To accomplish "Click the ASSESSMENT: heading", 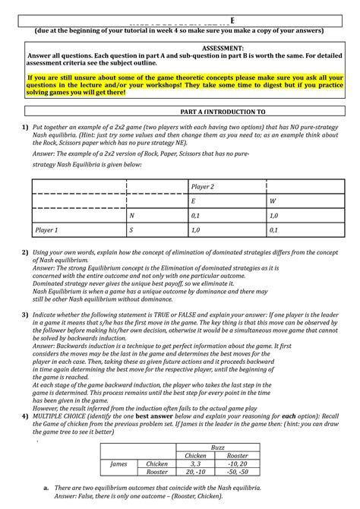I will click(x=180, y=46).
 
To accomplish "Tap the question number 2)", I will click(x=25, y=252).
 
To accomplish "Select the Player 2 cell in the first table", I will click(x=203, y=186).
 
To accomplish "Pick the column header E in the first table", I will click(x=194, y=201).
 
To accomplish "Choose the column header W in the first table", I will click(x=272, y=201).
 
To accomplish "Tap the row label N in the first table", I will click(x=132, y=215).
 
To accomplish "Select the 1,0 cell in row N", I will click(x=273, y=215).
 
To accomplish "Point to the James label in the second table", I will click(x=118, y=463).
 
